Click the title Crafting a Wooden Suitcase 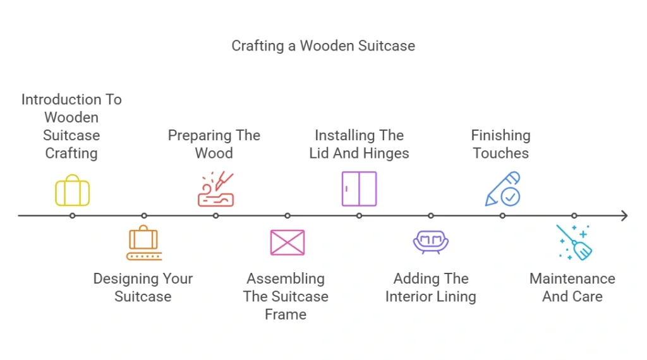pyautogui.click(x=323, y=46)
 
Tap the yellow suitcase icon pyautogui.click(x=72, y=190)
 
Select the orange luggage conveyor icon pyautogui.click(x=144, y=243)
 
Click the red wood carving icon pyautogui.click(x=215, y=189)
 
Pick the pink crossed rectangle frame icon pyautogui.click(x=287, y=243)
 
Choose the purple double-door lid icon pyautogui.click(x=359, y=189)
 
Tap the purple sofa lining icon pyautogui.click(x=431, y=242)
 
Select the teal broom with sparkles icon pyautogui.click(x=574, y=243)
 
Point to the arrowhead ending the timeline pyautogui.click(x=624, y=216)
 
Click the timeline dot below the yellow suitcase pyautogui.click(x=73, y=216)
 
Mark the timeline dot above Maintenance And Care pyautogui.click(x=574, y=216)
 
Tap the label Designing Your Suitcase pyautogui.click(x=143, y=287)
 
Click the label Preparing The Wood pyautogui.click(x=214, y=144)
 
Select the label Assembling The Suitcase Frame pyautogui.click(x=286, y=296)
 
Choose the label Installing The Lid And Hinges pyautogui.click(x=359, y=144)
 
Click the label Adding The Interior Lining pyautogui.click(x=431, y=287)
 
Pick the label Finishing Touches pyautogui.click(x=501, y=144)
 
